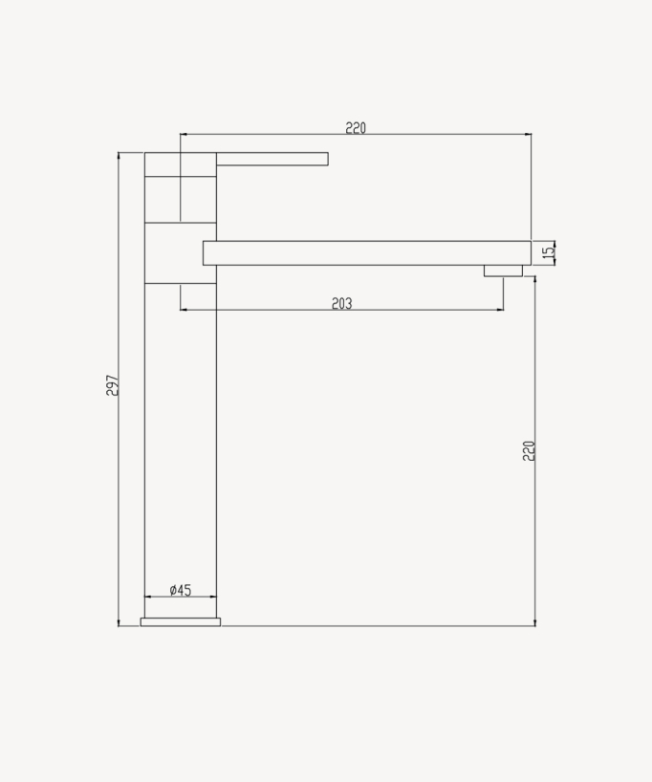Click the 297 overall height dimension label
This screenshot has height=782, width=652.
tap(113, 385)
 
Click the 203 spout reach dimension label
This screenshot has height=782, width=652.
tap(341, 303)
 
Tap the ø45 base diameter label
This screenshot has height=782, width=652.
tap(180, 590)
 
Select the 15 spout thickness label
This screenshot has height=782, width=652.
tap(548, 252)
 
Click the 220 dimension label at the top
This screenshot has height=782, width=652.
tap(356, 128)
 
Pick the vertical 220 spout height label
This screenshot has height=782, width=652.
tap(529, 450)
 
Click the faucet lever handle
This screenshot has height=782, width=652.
tap(272, 159)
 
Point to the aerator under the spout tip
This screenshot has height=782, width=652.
tap(503, 271)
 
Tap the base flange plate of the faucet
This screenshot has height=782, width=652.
tap(181, 622)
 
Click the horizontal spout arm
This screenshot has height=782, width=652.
tap(367, 252)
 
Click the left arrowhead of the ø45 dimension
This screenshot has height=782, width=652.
tap(146, 597)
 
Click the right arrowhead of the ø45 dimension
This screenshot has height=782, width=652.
tap(215, 597)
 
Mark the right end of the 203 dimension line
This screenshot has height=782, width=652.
tap(503, 310)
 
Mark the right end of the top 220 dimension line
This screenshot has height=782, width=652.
tap(531, 135)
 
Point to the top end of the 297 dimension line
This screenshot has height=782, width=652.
tap(119, 153)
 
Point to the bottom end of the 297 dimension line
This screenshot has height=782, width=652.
tap(119, 626)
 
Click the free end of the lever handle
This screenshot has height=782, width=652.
tap(327, 159)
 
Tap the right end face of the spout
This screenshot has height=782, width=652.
tap(530, 252)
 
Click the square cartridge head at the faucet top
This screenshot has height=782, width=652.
tap(181, 187)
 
